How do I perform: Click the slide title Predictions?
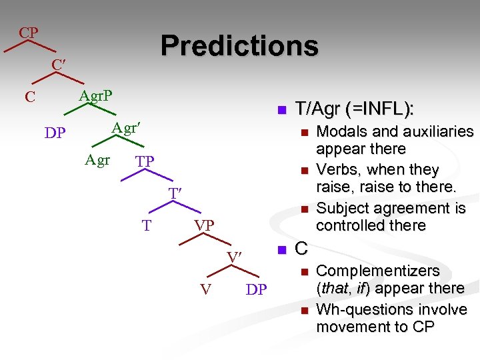[x=239, y=45]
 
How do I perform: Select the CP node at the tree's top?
[x=28, y=33]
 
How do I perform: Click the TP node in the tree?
[x=145, y=161]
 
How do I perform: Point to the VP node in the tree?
[x=204, y=225]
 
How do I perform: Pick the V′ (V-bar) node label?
[x=233, y=257]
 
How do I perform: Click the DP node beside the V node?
[x=257, y=289]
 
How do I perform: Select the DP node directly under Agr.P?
[x=55, y=133]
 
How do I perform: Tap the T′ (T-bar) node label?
[x=175, y=193]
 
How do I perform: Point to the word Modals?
[x=341, y=131]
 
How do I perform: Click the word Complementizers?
[x=378, y=271]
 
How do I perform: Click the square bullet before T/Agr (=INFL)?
[x=281, y=109]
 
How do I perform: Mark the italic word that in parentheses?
[x=333, y=288]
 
